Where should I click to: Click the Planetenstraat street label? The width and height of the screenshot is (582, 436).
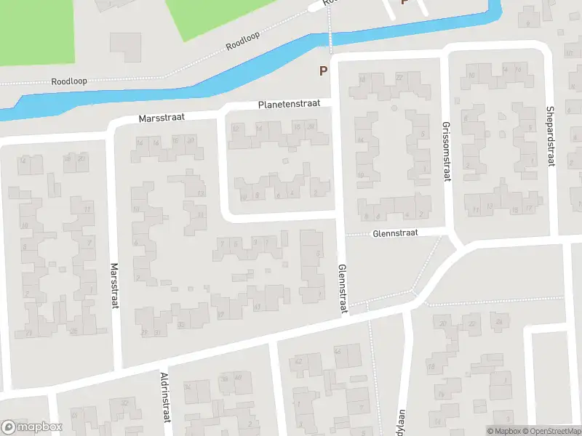tap(289, 105)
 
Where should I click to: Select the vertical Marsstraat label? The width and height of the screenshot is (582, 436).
tap(114, 286)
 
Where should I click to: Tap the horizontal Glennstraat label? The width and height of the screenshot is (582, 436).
tap(396, 234)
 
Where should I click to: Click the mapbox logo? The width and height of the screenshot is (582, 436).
tap(32, 427)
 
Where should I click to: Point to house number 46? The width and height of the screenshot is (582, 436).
tap(337, 352)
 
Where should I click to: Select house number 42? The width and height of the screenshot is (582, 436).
tap(298, 361)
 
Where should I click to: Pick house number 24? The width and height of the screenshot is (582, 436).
tap(498, 321)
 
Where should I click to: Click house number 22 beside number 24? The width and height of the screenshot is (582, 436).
tap(473, 323)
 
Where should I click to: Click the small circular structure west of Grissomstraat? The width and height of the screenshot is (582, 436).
tap(394, 108)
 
